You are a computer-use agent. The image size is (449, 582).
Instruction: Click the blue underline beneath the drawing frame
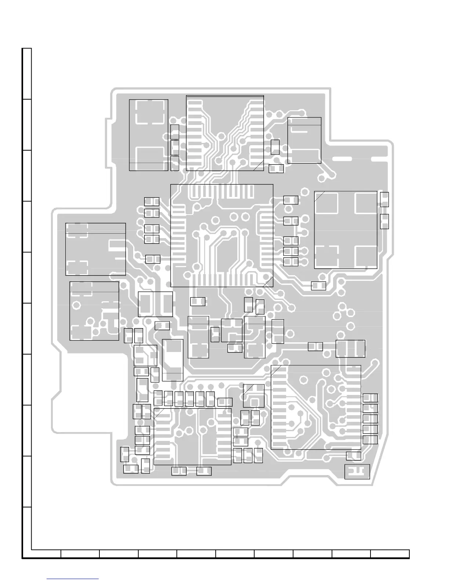[x=73, y=579]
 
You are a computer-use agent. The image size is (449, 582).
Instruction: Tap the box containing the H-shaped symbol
[x=357, y=471]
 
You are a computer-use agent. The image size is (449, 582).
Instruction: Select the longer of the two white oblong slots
[x=342, y=159]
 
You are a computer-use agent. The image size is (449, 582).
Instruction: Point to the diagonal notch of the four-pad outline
[x=320, y=196]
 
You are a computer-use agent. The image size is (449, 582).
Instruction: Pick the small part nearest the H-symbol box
[x=354, y=456]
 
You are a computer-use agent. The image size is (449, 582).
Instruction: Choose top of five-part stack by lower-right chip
[x=370, y=398]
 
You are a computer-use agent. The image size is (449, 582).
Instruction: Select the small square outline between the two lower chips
[x=253, y=395]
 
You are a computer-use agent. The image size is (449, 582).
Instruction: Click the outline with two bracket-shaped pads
[x=95, y=249]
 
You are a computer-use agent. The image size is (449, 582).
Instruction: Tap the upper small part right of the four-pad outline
[x=384, y=200]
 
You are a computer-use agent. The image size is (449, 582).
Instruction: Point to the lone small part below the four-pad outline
[x=318, y=285]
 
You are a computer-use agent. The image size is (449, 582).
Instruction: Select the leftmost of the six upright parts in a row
[x=158, y=398]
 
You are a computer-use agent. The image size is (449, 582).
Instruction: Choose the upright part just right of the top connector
[x=275, y=147]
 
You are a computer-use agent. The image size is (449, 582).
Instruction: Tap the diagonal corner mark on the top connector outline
[x=258, y=166]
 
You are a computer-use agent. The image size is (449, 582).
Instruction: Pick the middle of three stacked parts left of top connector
[x=175, y=147]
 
